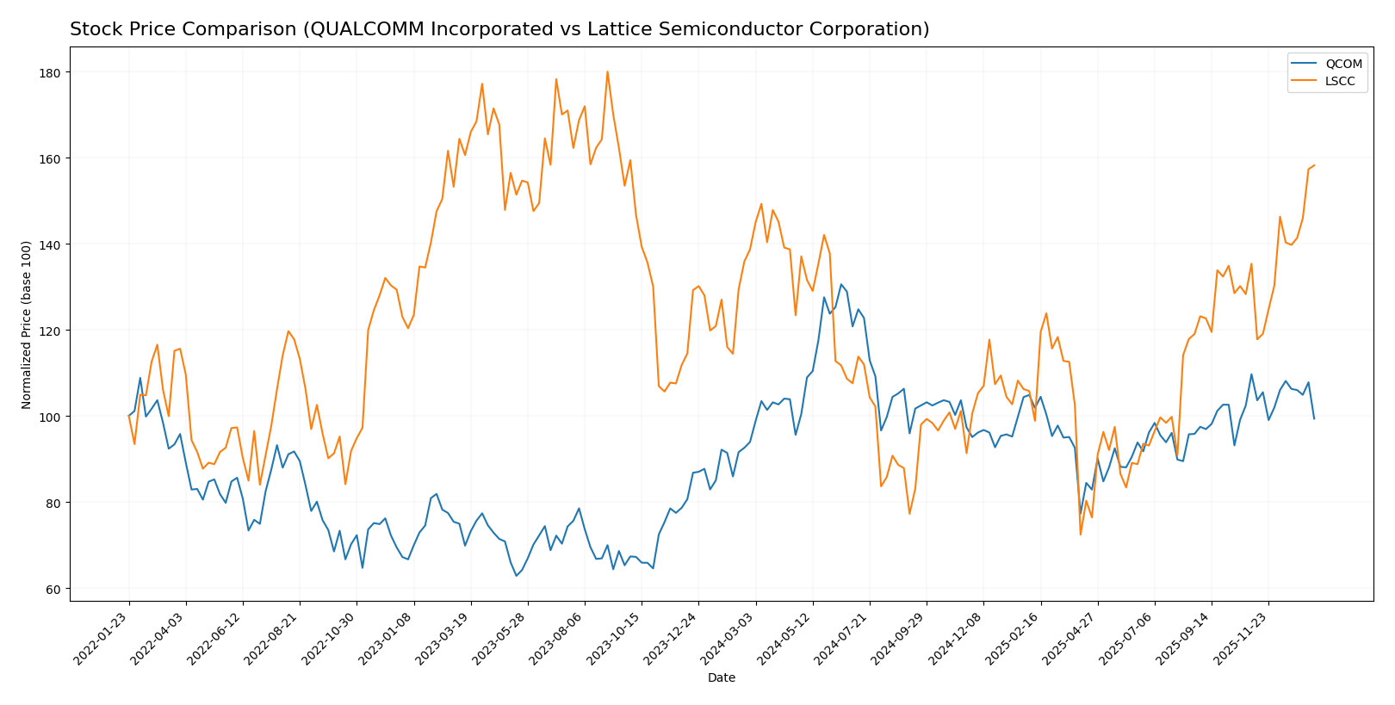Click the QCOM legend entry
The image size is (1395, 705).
[x=1325, y=64]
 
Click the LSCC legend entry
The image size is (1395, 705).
[x=1325, y=81]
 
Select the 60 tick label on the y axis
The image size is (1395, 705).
[x=52, y=589]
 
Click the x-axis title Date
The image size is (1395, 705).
[x=721, y=678]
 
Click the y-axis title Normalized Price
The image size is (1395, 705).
[x=26, y=325]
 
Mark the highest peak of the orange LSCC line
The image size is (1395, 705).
[x=607, y=71]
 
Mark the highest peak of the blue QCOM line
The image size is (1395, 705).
[x=841, y=284]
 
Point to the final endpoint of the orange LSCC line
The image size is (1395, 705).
[x=1314, y=165]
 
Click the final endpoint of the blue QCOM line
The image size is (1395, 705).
[x=1314, y=418]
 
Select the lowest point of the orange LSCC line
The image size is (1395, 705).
[x=1081, y=535]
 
